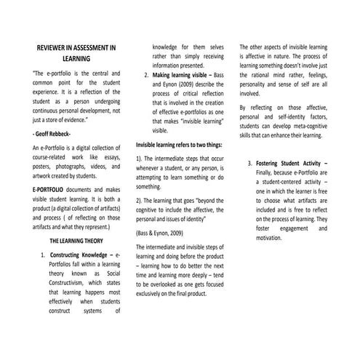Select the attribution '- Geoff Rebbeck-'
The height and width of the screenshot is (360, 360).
[52, 135]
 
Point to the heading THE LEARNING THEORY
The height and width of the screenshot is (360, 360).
[76, 241]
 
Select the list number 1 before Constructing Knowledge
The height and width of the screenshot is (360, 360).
[44, 257]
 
